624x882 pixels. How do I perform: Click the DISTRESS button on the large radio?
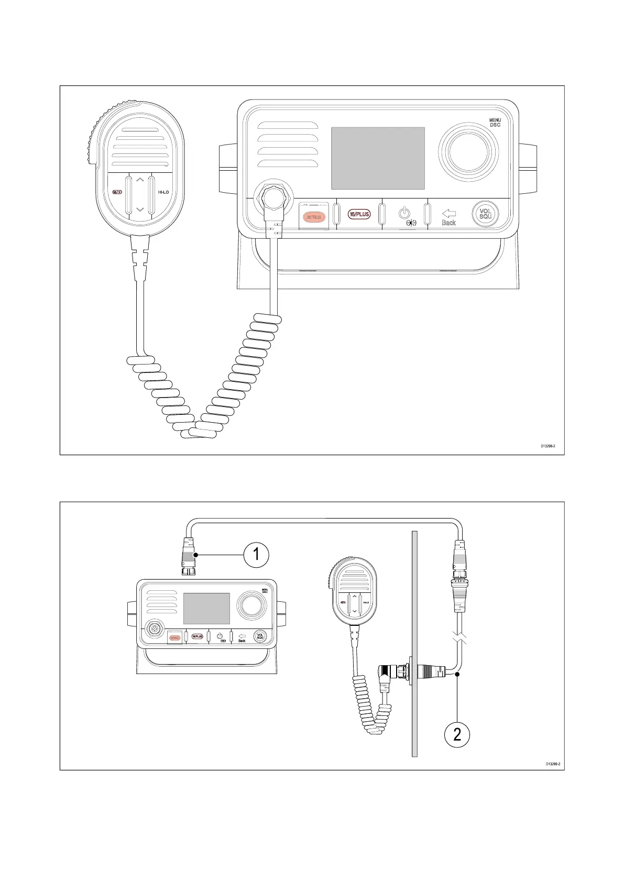click(x=313, y=217)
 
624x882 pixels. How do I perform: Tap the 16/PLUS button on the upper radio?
click(x=359, y=214)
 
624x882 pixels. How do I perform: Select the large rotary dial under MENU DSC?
click(x=468, y=152)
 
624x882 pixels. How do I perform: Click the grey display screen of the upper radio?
click(x=378, y=158)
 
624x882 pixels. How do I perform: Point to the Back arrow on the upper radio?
click(x=449, y=214)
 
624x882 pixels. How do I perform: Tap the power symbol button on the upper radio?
click(x=403, y=213)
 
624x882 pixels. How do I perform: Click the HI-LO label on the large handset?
click(x=163, y=192)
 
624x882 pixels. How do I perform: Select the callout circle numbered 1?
click(x=256, y=554)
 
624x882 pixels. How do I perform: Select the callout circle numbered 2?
click(x=457, y=734)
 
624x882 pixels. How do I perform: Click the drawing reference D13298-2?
click(x=548, y=446)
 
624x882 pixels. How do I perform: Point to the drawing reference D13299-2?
click(x=553, y=764)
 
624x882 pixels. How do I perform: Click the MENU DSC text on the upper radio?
click(x=495, y=123)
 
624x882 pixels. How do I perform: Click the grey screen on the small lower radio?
click(x=206, y=609)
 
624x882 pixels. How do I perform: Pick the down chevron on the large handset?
click(x=140, y=210)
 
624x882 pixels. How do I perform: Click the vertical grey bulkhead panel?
click(x=414, y=644)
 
